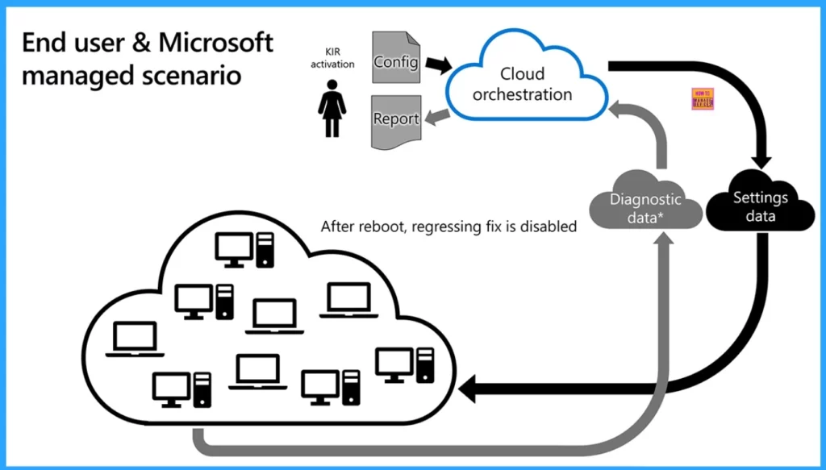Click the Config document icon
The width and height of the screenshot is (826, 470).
tap(395, 58)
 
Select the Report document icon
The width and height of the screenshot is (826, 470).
tap(395, 121)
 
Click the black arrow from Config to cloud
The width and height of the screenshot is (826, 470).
tap(437, 62)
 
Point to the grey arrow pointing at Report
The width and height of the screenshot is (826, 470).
tap(436, 119)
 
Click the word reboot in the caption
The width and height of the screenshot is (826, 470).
tap(383, 227)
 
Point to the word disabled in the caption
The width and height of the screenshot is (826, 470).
tap(550, 227)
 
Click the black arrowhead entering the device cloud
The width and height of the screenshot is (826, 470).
tap(470, 391)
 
